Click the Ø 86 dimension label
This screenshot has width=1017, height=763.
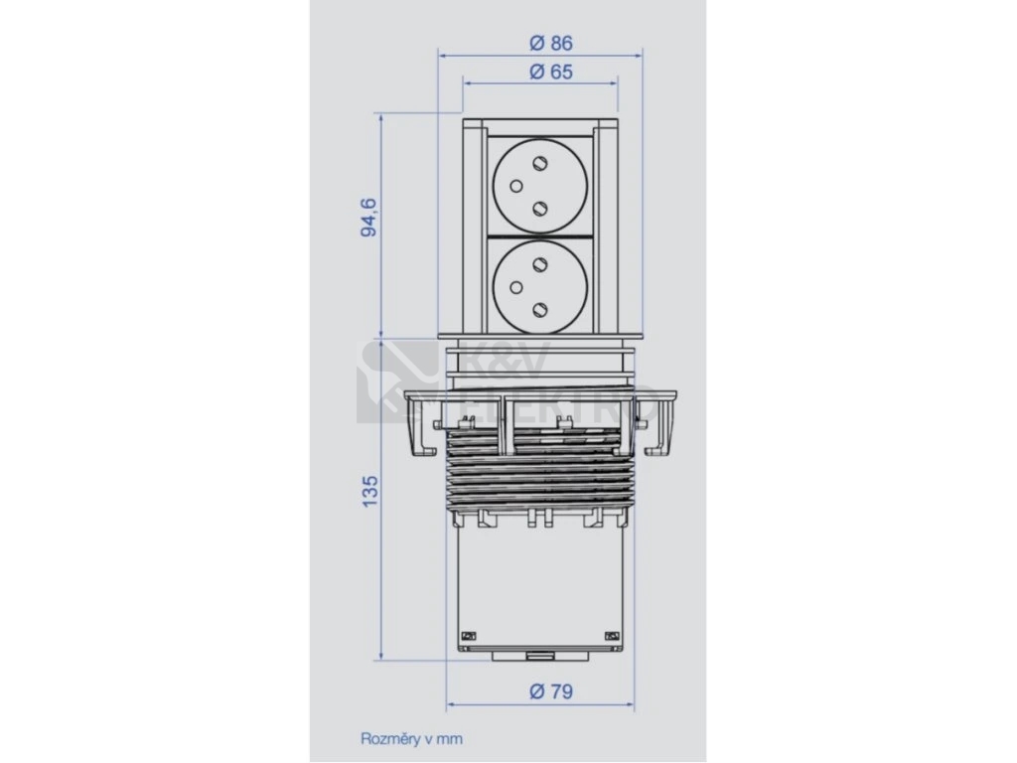pyautogui.click(x=550, y=43)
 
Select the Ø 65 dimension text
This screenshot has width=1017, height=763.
pyautogui.click(x=550, y=72)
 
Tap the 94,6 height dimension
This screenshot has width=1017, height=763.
pyautogui.click(x=368, y=219)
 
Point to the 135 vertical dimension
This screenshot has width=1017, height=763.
pyautogui.click(x=368, y=491)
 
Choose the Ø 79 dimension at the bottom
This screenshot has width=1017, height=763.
pyautogui.click(x=550, y=691)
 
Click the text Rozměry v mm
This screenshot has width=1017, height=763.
pyautogui.click(x=411, y=738)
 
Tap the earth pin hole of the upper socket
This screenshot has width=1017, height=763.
pyautogui.click(x=516, y=187)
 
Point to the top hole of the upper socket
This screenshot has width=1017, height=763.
pyautogui.click(x=539, y=162)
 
